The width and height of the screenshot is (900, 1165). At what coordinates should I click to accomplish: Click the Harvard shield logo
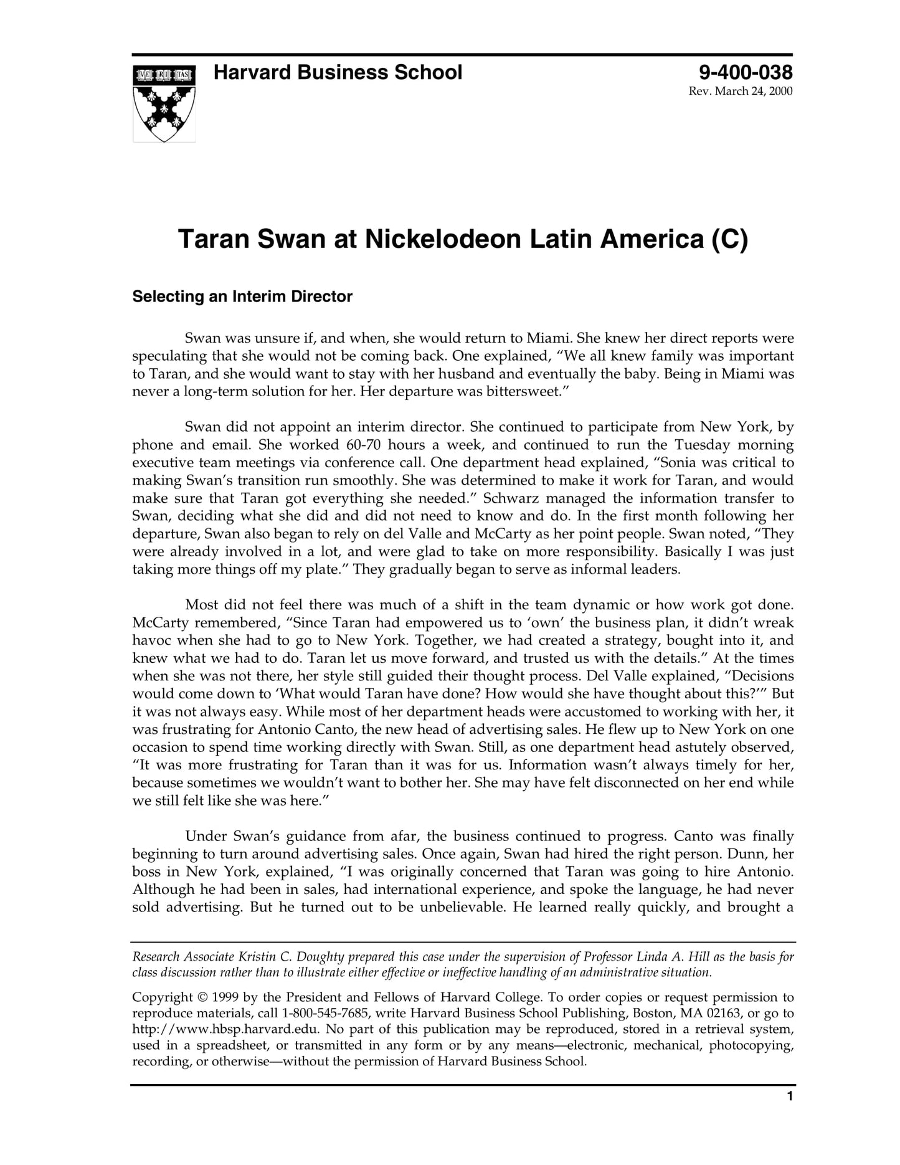click(164, 103)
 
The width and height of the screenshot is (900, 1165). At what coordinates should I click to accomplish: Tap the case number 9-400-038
click(745, 73)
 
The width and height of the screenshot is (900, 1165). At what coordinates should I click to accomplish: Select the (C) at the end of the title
click(729, 239)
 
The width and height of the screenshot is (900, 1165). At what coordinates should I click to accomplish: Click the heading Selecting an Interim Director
click(242, 297)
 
